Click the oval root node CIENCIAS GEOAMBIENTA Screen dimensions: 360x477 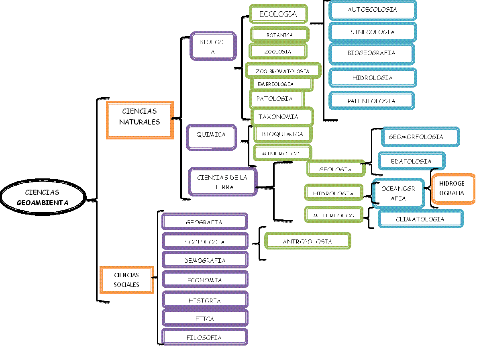coord(43,197)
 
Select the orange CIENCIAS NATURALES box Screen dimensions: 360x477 coord(140,120)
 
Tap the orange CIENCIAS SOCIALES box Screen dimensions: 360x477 coord(126,280)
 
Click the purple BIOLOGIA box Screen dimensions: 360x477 coord(213,47)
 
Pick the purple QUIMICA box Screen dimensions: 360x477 coord(211,137)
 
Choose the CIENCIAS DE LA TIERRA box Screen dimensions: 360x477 coord(222,182)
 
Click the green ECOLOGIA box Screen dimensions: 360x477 coord(278,14)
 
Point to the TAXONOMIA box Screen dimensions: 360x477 coord(281,117)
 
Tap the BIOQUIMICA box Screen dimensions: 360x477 coord(283,134)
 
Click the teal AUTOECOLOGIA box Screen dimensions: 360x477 coord(372,10)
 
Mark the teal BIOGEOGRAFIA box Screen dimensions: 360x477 coord(371,53)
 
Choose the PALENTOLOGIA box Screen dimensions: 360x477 coord(371,101)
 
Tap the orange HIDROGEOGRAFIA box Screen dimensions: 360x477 coord(453,188)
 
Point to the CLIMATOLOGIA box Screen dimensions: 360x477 coord(420,219)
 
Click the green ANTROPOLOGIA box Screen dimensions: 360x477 coord(308,241)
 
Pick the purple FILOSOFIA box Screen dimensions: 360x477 coord(204,337)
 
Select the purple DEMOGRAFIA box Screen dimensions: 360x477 coord(205,260)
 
